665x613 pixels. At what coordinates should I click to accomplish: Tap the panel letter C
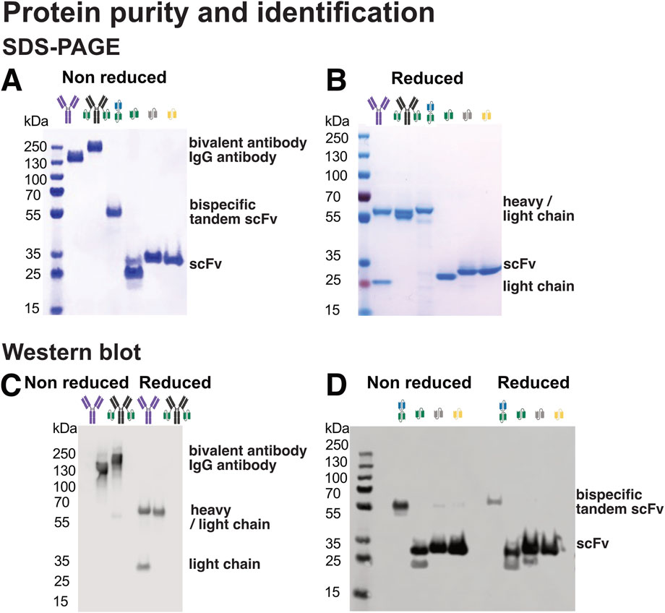[x=12, y=384]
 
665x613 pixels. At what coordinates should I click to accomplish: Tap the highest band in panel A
[x=95, y=147]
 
